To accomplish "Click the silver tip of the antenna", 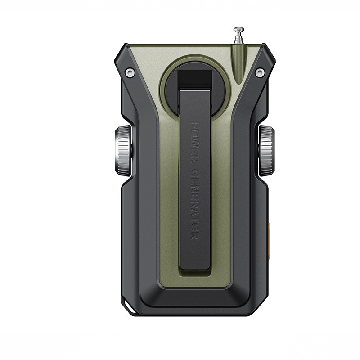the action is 239,30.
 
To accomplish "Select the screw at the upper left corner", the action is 129,72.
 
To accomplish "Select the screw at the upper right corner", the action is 260,73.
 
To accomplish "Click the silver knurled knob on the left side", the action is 123,151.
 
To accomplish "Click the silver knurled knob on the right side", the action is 266,151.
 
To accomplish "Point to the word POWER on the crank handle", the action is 195,142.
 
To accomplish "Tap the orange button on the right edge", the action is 269,239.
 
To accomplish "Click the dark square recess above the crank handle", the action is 195,78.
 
